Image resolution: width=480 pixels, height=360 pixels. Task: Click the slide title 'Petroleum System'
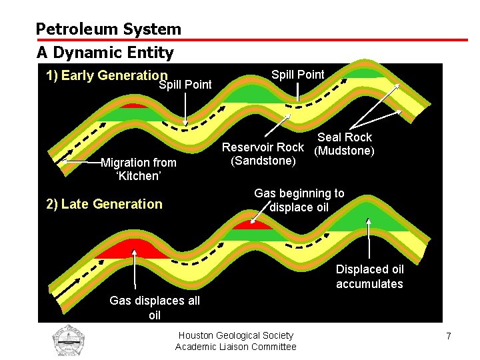[x=108, y=29]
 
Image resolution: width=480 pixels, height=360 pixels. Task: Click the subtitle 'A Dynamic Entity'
[x=105, y=52]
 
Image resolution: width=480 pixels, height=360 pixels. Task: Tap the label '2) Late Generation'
[x=104, y=204]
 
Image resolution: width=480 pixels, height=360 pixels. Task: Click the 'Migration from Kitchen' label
[x=138, y=169]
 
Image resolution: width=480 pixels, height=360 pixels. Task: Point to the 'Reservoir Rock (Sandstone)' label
[x=263, y=154]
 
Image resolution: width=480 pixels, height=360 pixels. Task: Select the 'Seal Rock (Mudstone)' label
[x=344, y=144]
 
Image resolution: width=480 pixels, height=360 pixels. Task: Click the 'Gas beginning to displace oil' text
[x=299, y=200]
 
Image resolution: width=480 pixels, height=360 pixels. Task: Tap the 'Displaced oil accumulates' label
[x=369, y=277]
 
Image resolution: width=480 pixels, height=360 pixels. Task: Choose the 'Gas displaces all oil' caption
[x=155, y=307]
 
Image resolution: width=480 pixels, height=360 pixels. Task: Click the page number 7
[x=449, y=336]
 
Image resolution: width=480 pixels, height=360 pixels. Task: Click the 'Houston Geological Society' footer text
[x=236, y=335]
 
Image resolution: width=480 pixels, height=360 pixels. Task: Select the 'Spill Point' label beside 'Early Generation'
[x=185, y=85]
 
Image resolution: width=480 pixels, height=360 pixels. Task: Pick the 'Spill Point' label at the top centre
[x=298, y=75]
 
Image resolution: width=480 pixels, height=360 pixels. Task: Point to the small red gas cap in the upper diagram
[x=133, y=105]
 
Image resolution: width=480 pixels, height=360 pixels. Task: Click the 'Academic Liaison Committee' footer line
[x=236, y=347]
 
